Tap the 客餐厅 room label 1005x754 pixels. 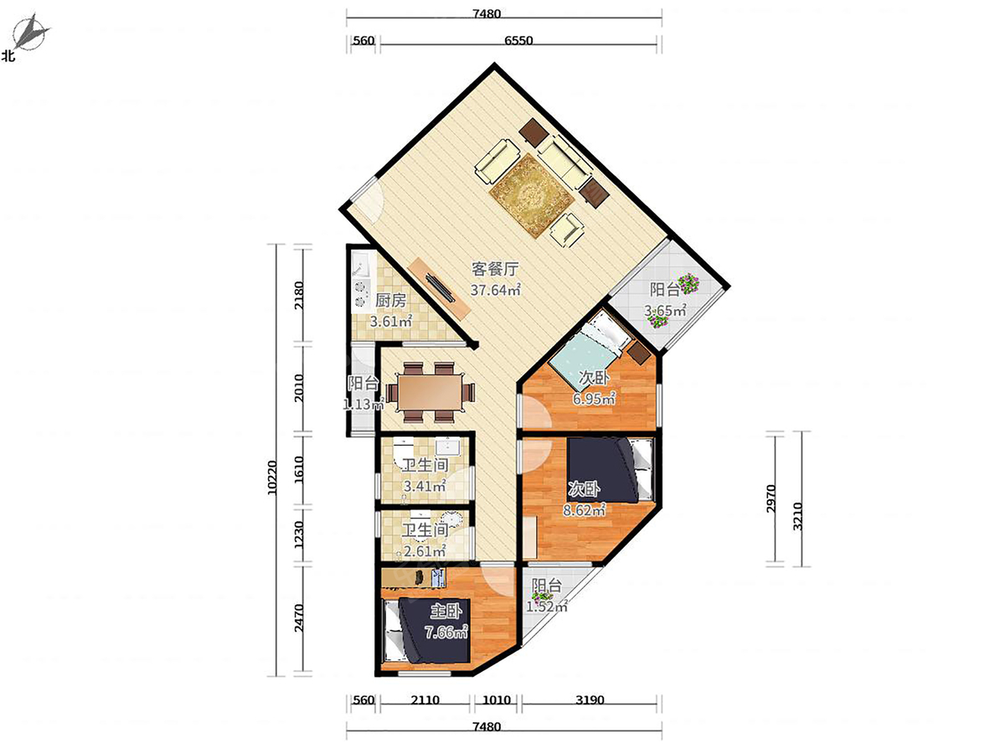point(495,269)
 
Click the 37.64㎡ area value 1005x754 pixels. point(496,290)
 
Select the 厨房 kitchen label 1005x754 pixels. point(390,301)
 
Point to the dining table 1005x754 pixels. point(430,392)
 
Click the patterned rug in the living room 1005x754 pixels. point(532,195)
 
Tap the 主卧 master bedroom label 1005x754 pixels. point(446,612)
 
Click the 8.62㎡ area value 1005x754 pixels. point(585,510)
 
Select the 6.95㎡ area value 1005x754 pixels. point(594,400)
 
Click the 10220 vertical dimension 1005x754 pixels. point(272,477)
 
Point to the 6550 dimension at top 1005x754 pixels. point(518,40)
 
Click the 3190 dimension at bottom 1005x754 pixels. point(590,700)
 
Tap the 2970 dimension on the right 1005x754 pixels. point(771,498)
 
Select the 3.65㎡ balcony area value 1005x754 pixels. point(665,311)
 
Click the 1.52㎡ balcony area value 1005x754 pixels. point(547,607)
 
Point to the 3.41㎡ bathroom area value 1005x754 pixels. point(425,486)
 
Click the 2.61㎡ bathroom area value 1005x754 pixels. point(425,551)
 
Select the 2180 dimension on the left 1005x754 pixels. point(298,296)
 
